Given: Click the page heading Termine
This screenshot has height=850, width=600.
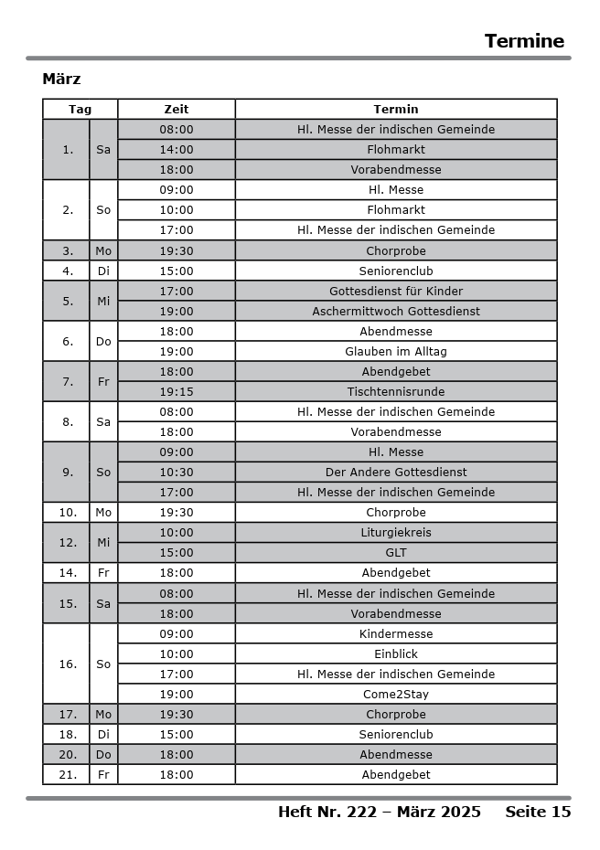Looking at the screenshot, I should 524,41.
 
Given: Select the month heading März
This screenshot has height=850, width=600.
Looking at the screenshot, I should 61,80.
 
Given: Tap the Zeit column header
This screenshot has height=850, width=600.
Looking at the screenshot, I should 177,110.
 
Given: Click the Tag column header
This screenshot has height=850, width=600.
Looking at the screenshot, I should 80,110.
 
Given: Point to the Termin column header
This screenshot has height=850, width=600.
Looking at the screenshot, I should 396,110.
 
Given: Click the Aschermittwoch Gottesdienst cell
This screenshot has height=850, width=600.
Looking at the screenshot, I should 396,312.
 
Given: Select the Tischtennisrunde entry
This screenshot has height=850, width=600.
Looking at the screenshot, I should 396,392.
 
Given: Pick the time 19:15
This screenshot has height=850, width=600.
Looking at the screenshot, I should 177,392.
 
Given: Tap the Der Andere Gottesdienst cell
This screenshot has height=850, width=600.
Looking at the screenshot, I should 396,473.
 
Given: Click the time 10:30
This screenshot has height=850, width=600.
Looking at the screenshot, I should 177,473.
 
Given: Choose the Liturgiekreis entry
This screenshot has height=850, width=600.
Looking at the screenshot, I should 396,533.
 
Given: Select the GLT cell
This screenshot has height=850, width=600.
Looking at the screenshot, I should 396,553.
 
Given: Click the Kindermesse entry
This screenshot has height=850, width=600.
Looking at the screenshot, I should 396,634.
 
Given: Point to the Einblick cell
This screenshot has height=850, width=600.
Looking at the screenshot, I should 396,654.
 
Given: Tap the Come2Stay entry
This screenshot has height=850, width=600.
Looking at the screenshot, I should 396,695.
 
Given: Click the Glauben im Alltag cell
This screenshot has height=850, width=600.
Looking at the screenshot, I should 396,352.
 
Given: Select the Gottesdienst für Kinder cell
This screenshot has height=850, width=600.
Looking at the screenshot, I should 396,292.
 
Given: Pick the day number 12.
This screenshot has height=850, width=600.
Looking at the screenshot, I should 68,543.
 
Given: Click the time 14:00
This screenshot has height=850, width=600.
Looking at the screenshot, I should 177,150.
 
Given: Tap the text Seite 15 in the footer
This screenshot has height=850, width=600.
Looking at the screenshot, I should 538,812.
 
